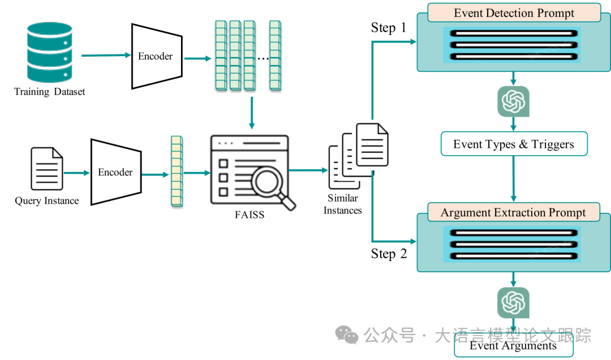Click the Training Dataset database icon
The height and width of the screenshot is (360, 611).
50,52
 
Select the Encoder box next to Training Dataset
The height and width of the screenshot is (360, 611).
156,56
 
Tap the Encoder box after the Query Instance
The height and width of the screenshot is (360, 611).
116,172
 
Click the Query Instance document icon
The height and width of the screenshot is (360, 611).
46,169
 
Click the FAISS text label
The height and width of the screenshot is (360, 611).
249,215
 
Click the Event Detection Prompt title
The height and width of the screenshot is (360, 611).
514,13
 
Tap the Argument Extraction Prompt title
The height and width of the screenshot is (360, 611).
514,213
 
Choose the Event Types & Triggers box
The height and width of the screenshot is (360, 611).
514,144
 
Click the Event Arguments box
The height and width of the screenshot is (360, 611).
513,345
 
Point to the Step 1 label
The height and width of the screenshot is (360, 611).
389,28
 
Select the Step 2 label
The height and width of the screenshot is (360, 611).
389,254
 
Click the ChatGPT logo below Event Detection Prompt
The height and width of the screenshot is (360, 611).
513,101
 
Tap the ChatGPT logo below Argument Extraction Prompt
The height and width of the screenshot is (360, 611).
513,302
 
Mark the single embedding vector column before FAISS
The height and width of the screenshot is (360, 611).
177,171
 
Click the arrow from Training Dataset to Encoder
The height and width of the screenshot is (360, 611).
106,55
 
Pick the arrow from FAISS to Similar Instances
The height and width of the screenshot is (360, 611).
308,170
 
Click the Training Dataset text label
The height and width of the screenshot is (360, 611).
50,92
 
